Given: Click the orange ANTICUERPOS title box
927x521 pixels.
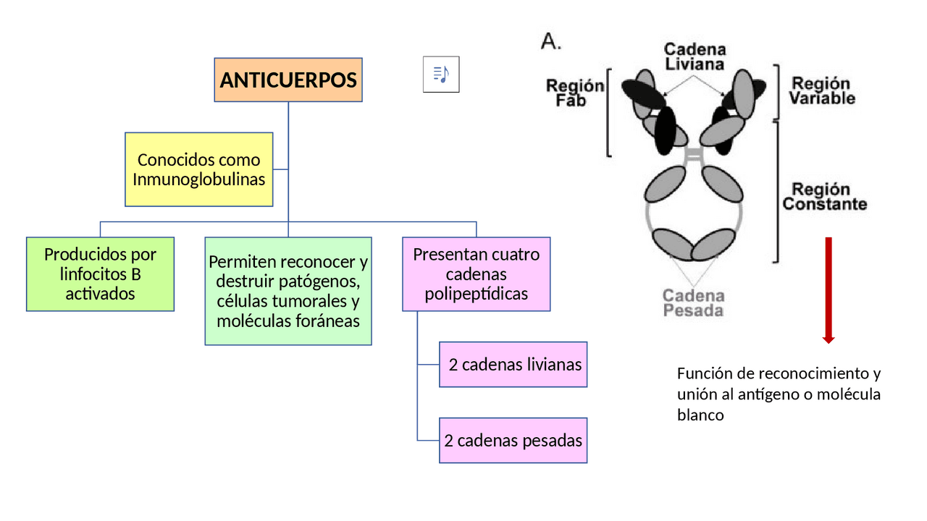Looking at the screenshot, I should pyautogui.click(x=288, y=80).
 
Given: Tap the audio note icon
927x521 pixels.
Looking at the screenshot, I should pyautogui.click(x=440, y=75).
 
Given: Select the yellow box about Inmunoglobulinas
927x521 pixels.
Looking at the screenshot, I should pyautogui.click(x=198, y=169).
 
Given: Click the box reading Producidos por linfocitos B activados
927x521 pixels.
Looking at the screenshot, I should pyautogui.click(x=100, y=274).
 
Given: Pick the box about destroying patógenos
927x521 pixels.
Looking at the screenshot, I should pyautogui.click(x=288, y=291).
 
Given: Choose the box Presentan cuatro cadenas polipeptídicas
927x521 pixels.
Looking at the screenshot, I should pyautogui.click(x=476, y=274).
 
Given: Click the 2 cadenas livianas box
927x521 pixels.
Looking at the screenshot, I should pyautogui.click(x=513, y=365).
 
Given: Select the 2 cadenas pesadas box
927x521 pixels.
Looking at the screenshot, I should pyautogui.click(x=513, y=440).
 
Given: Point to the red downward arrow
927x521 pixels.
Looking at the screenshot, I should pyautogui.click(x=829, y=289).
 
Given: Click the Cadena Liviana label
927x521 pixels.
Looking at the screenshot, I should pyautogui.click(x=695, y=56).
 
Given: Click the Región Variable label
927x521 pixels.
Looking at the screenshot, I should pyautogui.click(x=821, y=91).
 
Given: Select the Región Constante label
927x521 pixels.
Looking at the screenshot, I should pyautogui.click(x=824, y=197).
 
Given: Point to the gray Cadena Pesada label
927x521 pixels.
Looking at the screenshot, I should pyautogui.click(x=693, y=303).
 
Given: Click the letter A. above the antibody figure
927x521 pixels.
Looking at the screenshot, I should pyautogui.click(x=551, y=42).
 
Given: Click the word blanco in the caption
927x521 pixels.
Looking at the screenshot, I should pyautogui.click(x=700, y=415).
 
